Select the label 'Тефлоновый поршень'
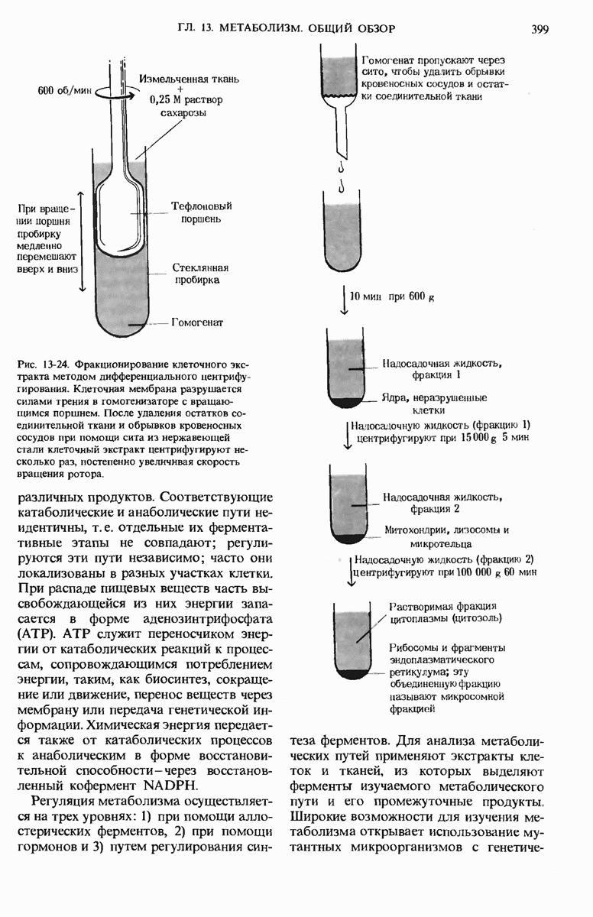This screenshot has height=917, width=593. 201,213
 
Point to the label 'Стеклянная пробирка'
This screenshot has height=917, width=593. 200,274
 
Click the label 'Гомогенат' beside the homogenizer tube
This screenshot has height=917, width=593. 197,322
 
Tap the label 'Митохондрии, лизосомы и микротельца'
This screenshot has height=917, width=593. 449,536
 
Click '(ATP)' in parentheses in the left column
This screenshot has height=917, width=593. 36,633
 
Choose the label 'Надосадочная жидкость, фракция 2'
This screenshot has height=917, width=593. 434,502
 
